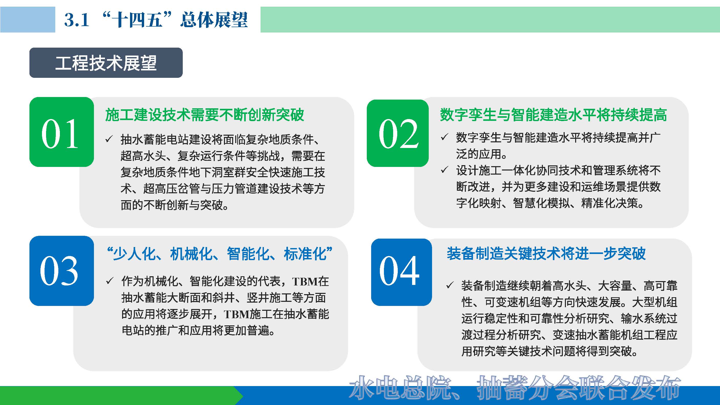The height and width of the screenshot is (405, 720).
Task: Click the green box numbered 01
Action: pos(61,132)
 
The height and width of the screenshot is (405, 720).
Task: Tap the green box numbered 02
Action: pos(397,133)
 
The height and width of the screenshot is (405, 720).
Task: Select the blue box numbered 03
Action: pos(61,271)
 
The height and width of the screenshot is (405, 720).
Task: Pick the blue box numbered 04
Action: pos(401,272)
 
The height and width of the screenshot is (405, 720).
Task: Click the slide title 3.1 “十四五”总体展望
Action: pos(156,19)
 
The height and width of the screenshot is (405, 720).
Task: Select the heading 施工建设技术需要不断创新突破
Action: pos(205,115)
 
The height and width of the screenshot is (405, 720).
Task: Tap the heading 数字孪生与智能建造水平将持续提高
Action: pos(553,115)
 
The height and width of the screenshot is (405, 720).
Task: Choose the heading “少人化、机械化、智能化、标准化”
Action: pos(220,254)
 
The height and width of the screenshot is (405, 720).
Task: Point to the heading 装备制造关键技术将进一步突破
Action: pos(546,254)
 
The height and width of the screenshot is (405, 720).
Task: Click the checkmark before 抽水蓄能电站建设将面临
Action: pos(109,139)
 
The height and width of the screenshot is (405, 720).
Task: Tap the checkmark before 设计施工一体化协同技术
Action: pos(444,170)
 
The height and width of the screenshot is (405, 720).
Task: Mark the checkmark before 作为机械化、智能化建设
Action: pos(110,281)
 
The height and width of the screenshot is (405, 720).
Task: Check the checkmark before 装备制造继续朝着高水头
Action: pos(450,285)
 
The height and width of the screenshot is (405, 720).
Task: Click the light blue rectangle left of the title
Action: pos(27,19)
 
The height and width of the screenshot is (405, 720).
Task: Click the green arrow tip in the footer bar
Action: pos(240,396)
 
